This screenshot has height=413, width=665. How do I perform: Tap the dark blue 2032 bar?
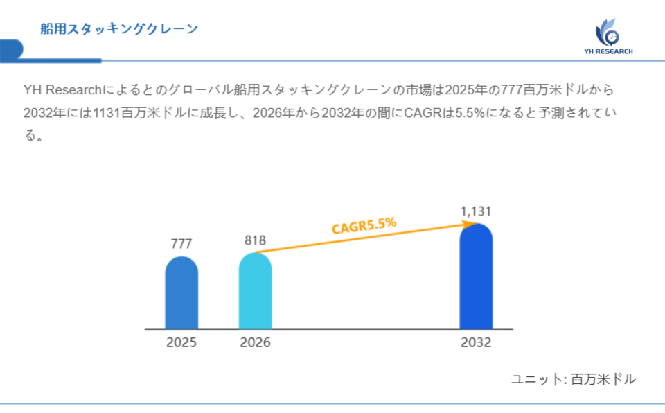[476, 276]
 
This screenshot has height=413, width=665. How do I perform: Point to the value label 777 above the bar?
[181, 244]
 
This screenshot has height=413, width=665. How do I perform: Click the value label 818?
[255, 240]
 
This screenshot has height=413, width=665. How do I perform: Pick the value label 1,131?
[476, 211]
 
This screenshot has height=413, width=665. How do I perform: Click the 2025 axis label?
[181, 342]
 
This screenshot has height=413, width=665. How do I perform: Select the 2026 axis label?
[255, 342]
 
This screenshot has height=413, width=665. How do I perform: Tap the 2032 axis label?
[476, 342]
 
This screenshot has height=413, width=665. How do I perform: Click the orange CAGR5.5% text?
[364, 226]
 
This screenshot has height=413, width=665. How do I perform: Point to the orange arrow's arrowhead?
[468, 223]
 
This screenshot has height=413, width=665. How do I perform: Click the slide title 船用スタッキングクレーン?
[119, 28]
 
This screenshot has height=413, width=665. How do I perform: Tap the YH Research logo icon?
[608, 32]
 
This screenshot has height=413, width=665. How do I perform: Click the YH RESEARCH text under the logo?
[608, 51]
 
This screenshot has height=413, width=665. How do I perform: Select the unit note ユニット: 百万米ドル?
[573, 379]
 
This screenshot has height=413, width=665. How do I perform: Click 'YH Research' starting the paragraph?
[62, 90]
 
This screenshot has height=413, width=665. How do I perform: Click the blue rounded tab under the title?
[12, 50]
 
